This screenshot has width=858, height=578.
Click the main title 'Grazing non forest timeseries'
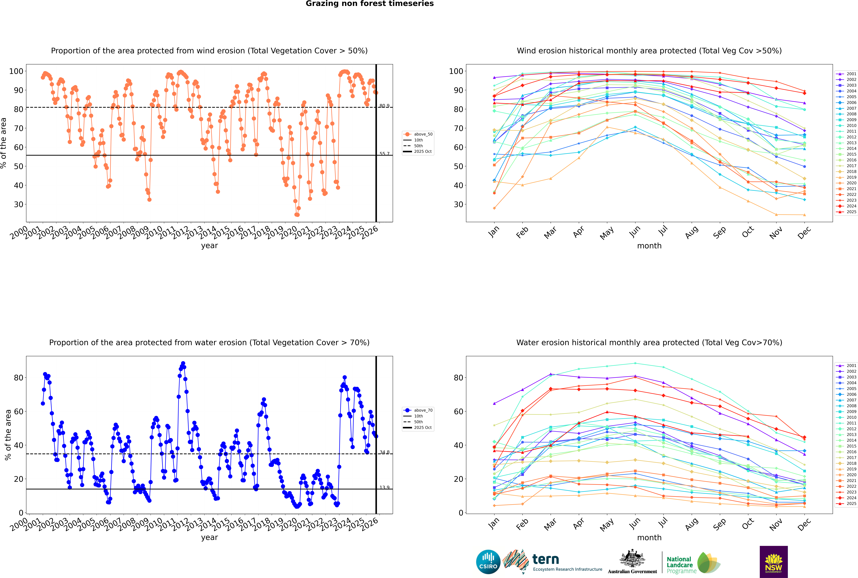click(370, 4)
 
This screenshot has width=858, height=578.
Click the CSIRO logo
click(488, 562)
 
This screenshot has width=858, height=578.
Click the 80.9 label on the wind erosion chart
click(384, 106)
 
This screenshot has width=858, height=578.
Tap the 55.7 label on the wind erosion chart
click(384, 154)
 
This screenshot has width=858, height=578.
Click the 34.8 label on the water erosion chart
click(384, 452)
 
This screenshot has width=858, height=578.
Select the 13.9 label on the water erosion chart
click(384, 487)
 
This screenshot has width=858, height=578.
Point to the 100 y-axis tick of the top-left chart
click(16, 71)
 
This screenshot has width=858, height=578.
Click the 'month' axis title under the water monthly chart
click(649, 537)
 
